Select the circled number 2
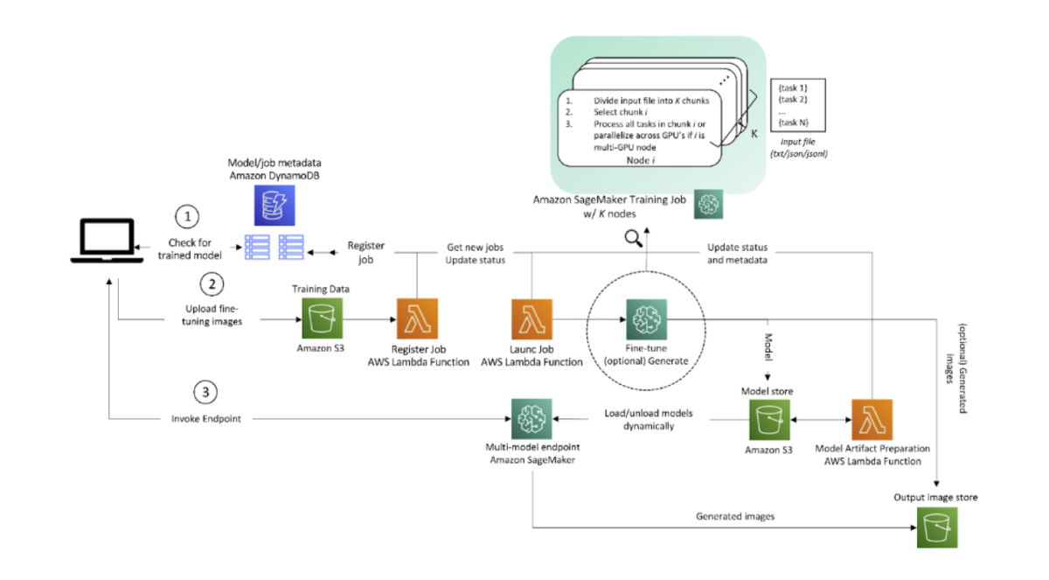click(x=210, y=284)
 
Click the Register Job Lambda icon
click(x=417, y=319)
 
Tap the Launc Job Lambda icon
click(x=531, y=319)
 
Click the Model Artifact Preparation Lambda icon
click(x=872, y=420)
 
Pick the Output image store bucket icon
click(x=935, y=528)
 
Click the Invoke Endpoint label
click(x=206, y=420)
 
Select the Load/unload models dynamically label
click(x=639, y=419)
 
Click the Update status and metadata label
click(x=737, y=253)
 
